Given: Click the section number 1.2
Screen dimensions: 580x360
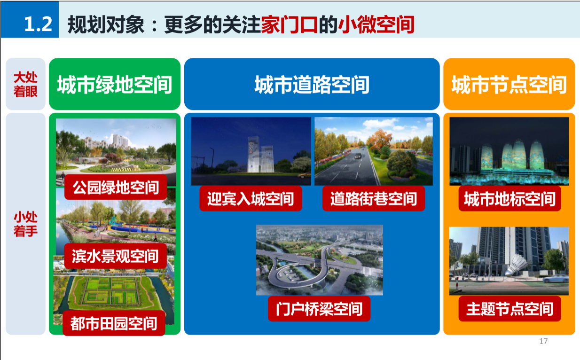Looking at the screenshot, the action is pyautogui.click(x=38, y=24).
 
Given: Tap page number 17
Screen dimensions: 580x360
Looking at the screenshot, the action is pyautogui.click(x=543, y=341).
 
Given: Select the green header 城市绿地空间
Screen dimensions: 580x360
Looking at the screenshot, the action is pyautogui.click(x=114, y=84).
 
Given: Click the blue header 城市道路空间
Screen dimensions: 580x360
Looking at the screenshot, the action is pyautogui.click(x=312, y=84).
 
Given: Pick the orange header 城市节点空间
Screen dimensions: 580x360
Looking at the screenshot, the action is pyautogui.click(x=509, y=84).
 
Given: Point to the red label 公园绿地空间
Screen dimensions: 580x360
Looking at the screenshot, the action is pyautogui.click(x=116, y=187).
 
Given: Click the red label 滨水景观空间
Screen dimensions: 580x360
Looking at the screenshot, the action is pyautogui.click(x=115, y=256).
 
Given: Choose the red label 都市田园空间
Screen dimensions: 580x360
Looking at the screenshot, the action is pyautogui.click(x=114, y=323).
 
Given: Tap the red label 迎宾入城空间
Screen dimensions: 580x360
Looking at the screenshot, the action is pyautogui.click(x=251, y=198).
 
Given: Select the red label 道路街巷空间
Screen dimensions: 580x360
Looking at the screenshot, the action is pyautogui.click(x=374, y=198).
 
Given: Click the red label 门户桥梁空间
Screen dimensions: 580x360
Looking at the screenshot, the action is pyautogui.click(x=319, y=309).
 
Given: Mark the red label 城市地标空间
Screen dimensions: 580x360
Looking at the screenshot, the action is pyautogui.click(x=509, y=198).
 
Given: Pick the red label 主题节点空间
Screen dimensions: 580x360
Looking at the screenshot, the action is pyautogui.click(x=509, y=309).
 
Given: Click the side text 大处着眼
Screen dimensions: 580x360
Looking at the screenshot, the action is pyautogui.click(x=25, y=85).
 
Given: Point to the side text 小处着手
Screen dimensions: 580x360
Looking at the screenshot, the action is pyautogui.click(x=25, y=224).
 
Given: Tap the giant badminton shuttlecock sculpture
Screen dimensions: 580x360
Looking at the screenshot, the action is pyautogui.click(x=516, y=265).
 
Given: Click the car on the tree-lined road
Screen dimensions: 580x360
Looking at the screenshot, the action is pyautogui.click(x=358, y=156).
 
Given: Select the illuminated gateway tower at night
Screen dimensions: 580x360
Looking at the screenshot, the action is pyautogui.click(x=260, y=154).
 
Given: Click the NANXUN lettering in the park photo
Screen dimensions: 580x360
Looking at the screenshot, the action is pyautogui.click(x=121, y=170).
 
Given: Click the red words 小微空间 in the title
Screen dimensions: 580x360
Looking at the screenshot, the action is pyautogui.click(x=376, y=24).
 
